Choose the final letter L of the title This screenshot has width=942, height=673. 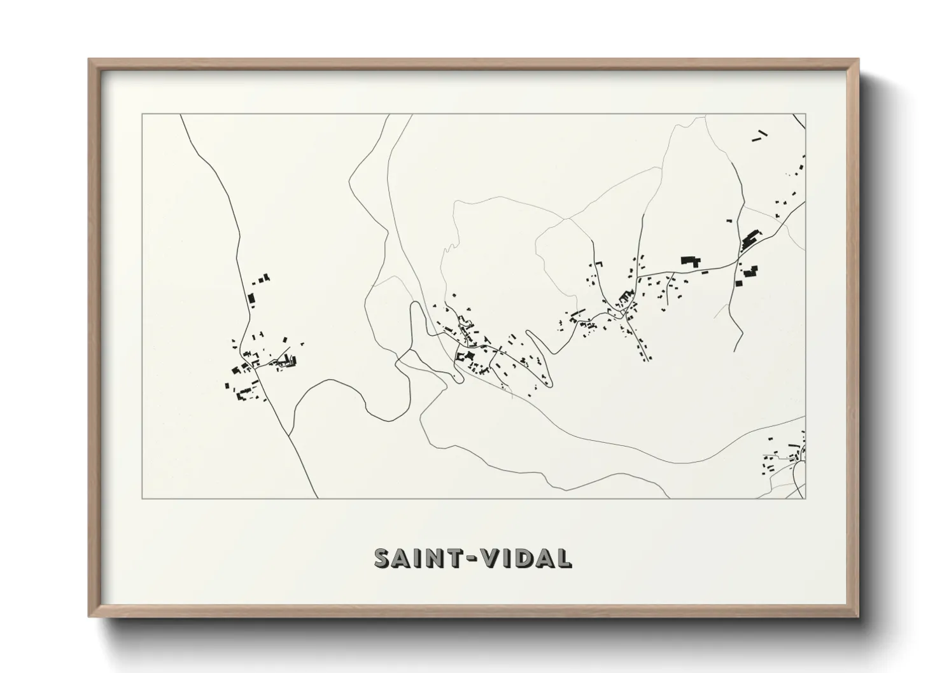click(x=564, y=558)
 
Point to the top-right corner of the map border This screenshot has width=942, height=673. click(x=806, y=114)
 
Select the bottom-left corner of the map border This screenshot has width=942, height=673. click(x=142, y=498)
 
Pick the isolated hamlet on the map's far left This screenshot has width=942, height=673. click(x=261, y=363)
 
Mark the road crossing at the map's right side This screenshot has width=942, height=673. click(x=738, y=260)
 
